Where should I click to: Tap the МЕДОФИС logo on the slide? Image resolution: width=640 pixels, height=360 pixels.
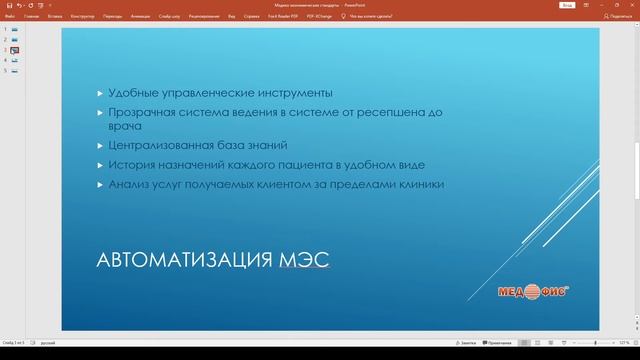tap(534, 292)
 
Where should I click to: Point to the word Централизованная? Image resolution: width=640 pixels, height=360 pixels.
tap(163, 146)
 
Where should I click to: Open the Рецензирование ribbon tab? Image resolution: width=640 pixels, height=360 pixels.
tap(205, 17)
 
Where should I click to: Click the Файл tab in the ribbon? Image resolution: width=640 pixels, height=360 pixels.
tap(9, 17)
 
